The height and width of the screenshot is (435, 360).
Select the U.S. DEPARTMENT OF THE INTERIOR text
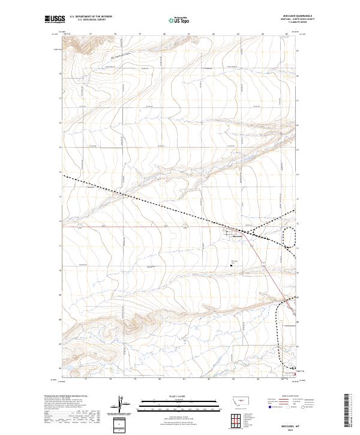point(91,16)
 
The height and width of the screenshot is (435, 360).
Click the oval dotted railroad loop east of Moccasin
point(290,236)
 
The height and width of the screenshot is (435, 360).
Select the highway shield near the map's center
point(185,226)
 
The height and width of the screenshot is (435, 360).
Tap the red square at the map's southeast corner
point(294,374)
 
